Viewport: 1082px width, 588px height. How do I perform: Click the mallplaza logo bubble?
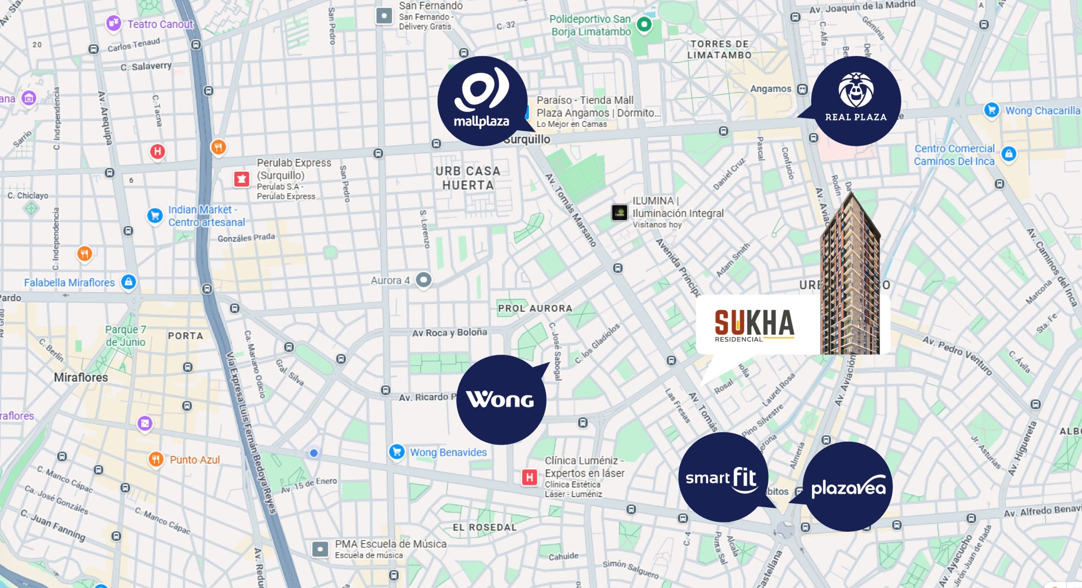tap(482, 101)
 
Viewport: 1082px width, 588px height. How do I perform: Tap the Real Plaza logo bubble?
tap(856, 101)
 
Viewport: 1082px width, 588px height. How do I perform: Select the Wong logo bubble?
tap(501, 400)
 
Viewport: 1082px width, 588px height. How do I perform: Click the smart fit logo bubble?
tap(723, 477)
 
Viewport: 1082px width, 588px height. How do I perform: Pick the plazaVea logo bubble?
tap(848, 487)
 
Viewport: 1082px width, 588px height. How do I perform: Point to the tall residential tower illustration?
tap(850, 279)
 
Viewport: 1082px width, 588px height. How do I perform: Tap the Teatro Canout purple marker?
tap(113, 23)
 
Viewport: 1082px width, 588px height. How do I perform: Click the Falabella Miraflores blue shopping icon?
tap(128, 282)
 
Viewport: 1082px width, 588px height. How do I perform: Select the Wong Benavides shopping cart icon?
tap(396, 452)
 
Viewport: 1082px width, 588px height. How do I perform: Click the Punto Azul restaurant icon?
tap(156, 459)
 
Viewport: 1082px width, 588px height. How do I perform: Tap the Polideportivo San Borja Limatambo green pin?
tap(644, 25)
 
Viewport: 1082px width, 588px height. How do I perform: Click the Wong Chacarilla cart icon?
tap(992, 110)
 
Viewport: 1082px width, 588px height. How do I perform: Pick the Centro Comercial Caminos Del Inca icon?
tap(1009, 154)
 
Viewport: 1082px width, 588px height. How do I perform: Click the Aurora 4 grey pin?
tap(424, 280)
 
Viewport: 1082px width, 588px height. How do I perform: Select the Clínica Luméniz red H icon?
tap(529, 478)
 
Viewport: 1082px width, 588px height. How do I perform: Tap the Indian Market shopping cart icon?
tap(155, 216)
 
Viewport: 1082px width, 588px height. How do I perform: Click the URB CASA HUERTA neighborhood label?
tap(468, 178)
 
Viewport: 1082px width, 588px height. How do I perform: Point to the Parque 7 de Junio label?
tap(126, 335)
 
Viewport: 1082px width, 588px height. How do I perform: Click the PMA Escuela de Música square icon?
tap(320, 549)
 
